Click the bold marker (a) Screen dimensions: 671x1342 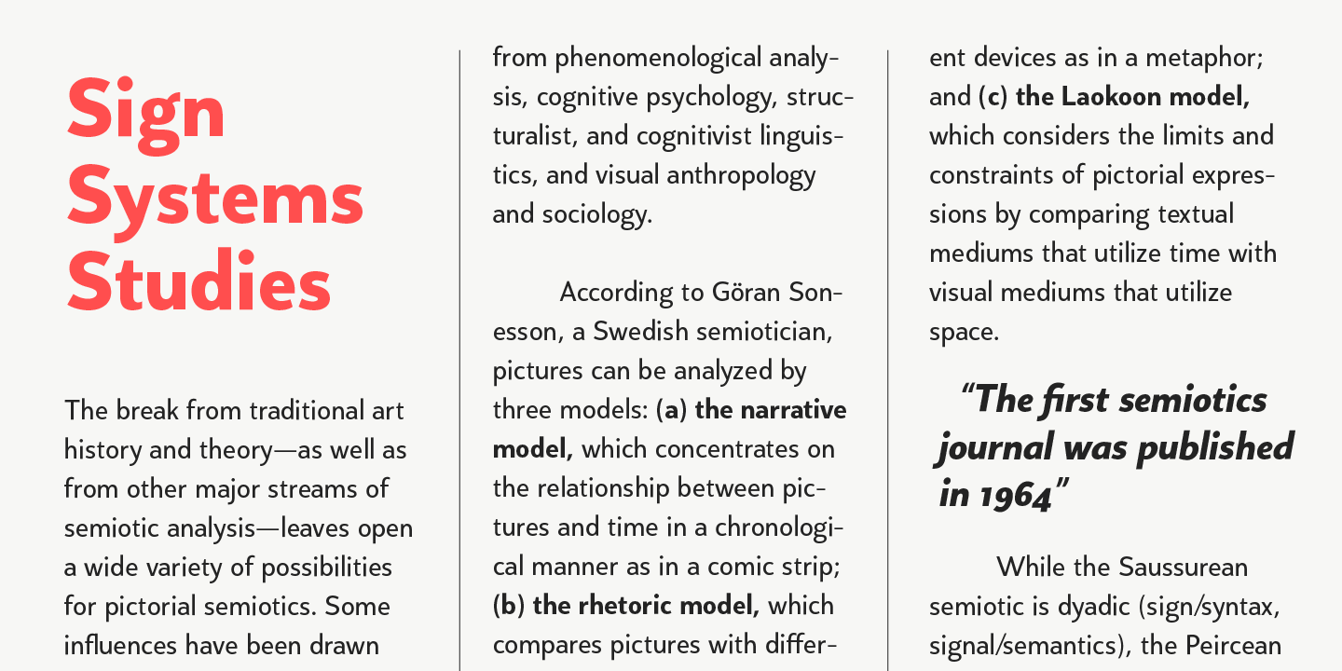[672, 410]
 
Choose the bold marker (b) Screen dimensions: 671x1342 [509, 606]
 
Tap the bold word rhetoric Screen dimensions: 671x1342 [623, 606]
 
